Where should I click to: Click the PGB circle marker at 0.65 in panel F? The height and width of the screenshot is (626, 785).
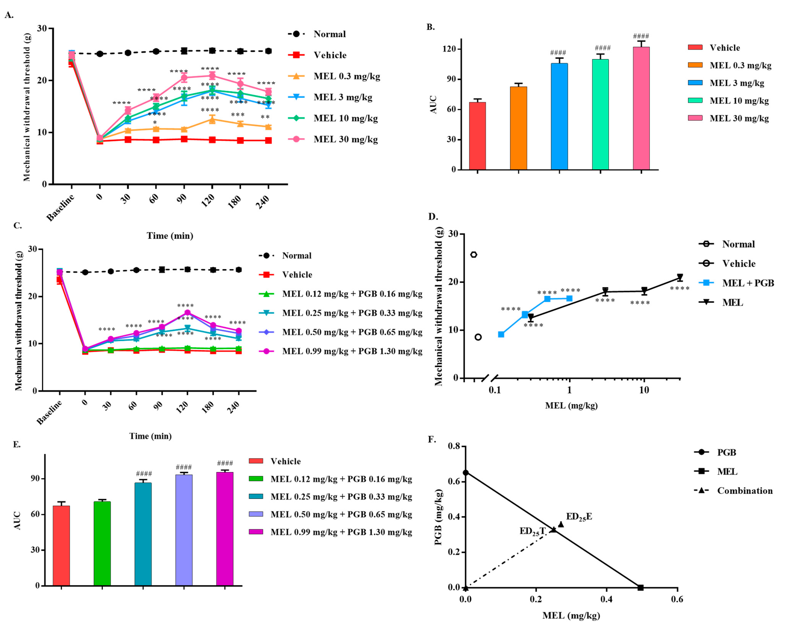point(465,472)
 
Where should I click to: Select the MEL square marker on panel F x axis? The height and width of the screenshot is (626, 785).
point(641,587)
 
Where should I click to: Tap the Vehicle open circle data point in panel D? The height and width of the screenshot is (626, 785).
point(478,337)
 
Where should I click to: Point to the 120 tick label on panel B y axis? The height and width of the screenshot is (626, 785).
point(449,49)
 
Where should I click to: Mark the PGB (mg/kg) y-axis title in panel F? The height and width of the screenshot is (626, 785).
point(438,517)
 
